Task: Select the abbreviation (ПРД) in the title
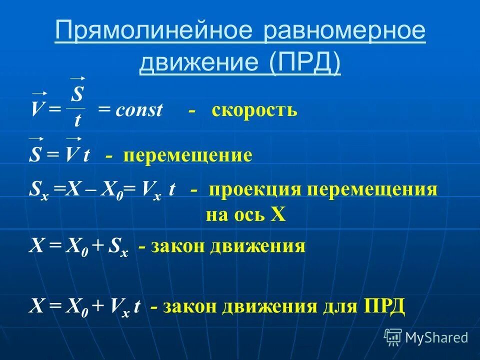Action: click(x=305, y=63)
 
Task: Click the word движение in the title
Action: click(x=200, y=63)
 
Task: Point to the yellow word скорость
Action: click(x=254, y=109)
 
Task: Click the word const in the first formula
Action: click(x=139, y=110)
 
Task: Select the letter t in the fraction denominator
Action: click(x=77, y=120)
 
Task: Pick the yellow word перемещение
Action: click(x=188, y=155)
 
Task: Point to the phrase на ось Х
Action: click(x=245, y=214)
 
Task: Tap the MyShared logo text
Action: click(x=436, y=337)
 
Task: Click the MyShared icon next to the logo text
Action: click(x=393, y=337)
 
